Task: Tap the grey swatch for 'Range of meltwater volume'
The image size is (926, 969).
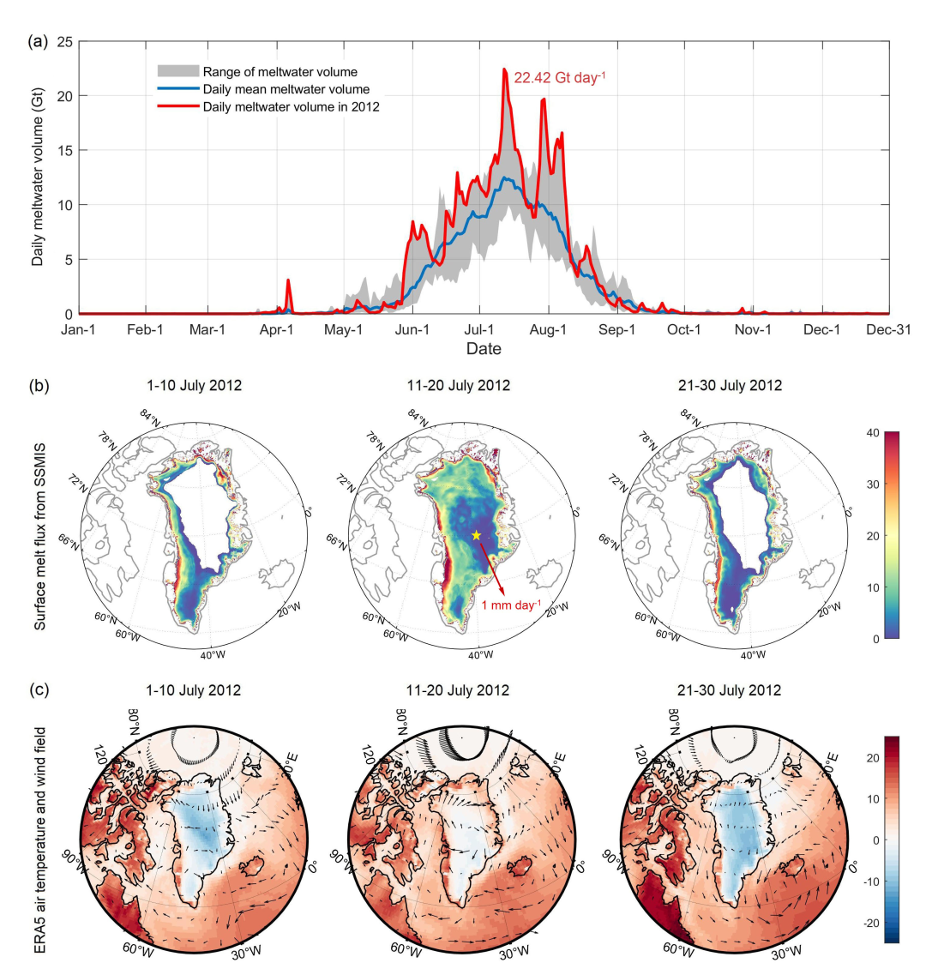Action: (x=177, y=71)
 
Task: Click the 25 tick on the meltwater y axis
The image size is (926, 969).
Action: (x=64, y=40)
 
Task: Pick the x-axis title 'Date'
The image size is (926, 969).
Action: (x=484, y=349)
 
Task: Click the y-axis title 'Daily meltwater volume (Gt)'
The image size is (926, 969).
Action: (x=39, y=178)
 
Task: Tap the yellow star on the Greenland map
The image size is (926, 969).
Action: (x=476, y=535)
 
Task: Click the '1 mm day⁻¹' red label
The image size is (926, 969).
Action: (x=511, y=605)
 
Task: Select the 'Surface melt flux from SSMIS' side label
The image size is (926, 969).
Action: (x=40, y=531)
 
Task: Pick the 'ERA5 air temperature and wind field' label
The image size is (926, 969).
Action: (x=40, y=834)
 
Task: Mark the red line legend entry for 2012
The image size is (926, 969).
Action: (x=292, y=107)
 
